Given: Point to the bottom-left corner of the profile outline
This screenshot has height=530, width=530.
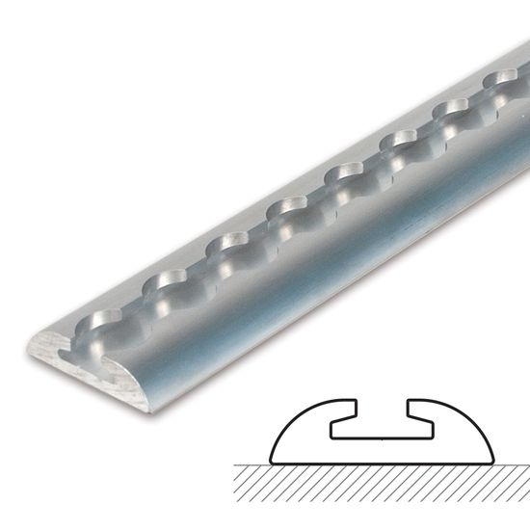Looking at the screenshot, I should coord(273,461).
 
